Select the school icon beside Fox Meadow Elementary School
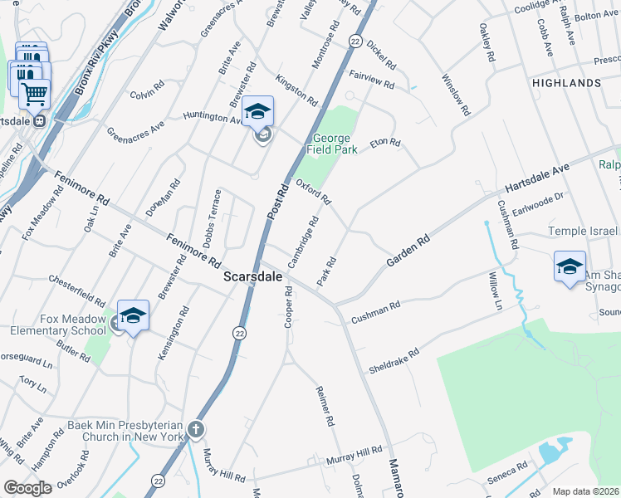[x=133, y=315]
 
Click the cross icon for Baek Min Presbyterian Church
[x=195, y=429]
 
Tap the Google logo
[x=27, y=487]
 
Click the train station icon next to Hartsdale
[x=39, y=121]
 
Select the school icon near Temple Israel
[x=570, y=266]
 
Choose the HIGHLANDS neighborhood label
[x=568, y=84]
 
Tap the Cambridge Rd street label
[x=303, y=242]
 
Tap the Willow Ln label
[x=496, y=291]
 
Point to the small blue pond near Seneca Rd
[x=550, y=452]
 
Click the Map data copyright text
[x=586, y=491]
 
